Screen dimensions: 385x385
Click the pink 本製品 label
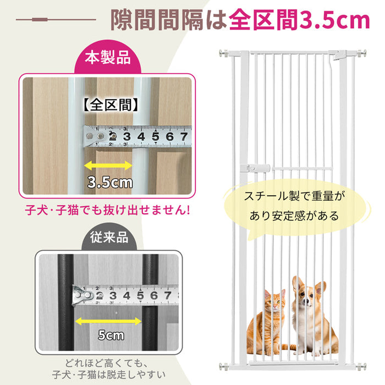point(108,58)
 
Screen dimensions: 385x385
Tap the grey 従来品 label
point(109,237)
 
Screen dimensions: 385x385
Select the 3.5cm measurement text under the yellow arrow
point(110,183)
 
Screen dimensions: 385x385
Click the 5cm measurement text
point(111,335)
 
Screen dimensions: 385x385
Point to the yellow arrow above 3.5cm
point(108,166)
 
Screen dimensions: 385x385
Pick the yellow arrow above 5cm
point(108,321)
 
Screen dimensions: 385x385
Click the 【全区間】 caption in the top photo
point(111,105)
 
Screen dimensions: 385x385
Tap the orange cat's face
point(274,301)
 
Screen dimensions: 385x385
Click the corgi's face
point(305,296)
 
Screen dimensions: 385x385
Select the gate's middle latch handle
point(255,168)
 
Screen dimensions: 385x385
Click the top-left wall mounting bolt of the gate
point(223,53)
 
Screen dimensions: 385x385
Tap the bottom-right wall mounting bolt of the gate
point(362,367)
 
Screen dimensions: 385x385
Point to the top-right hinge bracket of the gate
point(338,54)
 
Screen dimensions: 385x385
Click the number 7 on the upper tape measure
point(184,136)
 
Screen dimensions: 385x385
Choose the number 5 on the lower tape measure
point(140,295)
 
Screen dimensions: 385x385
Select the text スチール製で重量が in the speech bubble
point(294,196)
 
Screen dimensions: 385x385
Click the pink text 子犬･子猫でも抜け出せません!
point(107,211)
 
